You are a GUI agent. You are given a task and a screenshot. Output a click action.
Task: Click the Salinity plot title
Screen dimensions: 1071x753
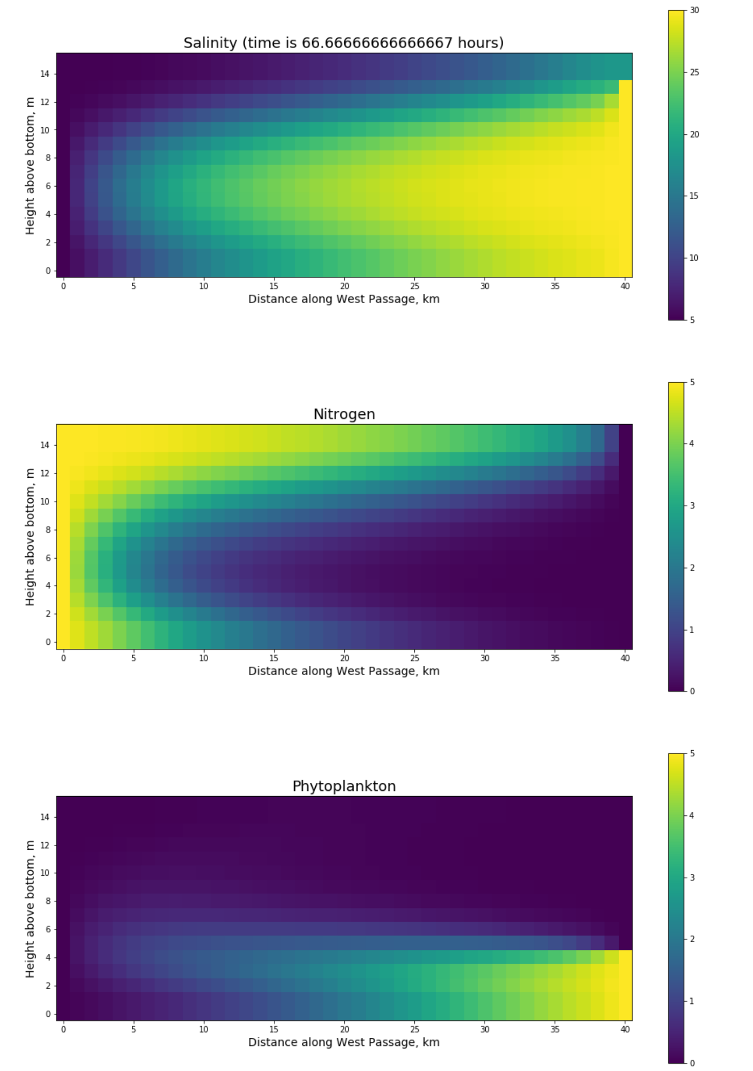[x=343, y=43]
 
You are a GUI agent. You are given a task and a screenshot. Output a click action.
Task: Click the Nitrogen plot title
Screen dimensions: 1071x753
[x=344, y=414]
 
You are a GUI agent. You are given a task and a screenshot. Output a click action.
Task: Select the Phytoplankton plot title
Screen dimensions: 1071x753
[x=344, y=786]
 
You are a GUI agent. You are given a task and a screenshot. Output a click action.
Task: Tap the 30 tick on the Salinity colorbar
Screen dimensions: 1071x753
[x=694, y=10]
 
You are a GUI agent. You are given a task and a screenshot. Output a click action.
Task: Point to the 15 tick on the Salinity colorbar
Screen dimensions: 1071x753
[x=694, y=196]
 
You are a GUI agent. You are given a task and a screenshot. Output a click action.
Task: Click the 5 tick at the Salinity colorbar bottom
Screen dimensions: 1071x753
[x=692, y=320]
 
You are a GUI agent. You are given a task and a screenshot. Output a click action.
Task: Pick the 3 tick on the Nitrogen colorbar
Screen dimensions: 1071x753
[x=692, y=505]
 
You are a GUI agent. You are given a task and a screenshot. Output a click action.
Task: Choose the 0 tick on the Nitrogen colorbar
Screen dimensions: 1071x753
[x=692, y=691]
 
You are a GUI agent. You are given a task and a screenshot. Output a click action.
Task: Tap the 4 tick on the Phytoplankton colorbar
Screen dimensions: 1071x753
[x=692, y=816]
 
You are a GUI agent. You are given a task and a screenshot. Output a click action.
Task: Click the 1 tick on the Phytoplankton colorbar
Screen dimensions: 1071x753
[x=692, y=1001]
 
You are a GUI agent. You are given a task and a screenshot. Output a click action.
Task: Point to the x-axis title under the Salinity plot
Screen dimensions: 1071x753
[x=344, y=299]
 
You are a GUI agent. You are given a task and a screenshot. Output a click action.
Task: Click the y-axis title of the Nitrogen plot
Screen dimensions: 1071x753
[x=30, y=537]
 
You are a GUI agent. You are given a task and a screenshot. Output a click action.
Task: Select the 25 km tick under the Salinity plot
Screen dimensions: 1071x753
[x=414, y=286]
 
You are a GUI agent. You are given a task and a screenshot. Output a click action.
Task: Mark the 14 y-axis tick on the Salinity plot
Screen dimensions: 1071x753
[x=45, y=74]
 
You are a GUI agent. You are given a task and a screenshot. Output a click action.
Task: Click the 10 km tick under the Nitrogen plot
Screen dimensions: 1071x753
[x=203, y=658]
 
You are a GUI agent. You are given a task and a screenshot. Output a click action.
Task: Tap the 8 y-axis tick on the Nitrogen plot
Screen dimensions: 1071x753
[x=48, y=530]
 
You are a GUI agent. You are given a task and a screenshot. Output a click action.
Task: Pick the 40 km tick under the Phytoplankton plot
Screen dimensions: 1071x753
[x=625, y=1030]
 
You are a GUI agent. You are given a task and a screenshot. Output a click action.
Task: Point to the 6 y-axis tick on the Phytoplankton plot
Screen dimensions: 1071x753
[x=48, y=929]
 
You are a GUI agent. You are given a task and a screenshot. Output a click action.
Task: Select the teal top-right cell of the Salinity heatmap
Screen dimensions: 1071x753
[x=625, y=66]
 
